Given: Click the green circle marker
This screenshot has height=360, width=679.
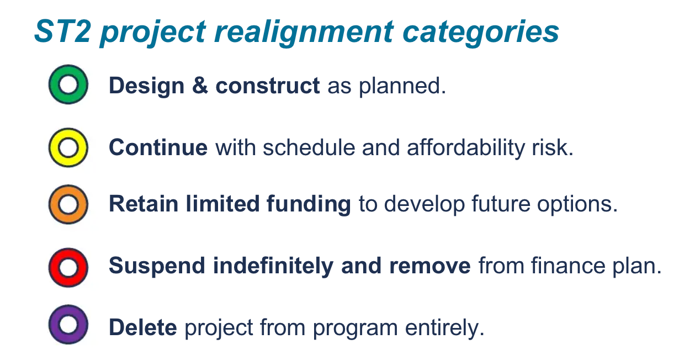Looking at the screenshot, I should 68,85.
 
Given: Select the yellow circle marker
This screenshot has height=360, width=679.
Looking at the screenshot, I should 68,147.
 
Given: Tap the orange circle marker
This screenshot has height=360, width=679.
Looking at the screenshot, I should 68,204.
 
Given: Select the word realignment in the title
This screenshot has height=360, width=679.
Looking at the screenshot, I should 304,32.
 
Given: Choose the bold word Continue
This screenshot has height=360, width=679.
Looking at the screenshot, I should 158,148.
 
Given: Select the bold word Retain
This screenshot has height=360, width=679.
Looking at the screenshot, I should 143,204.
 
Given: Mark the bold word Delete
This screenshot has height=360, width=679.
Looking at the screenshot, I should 143,327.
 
